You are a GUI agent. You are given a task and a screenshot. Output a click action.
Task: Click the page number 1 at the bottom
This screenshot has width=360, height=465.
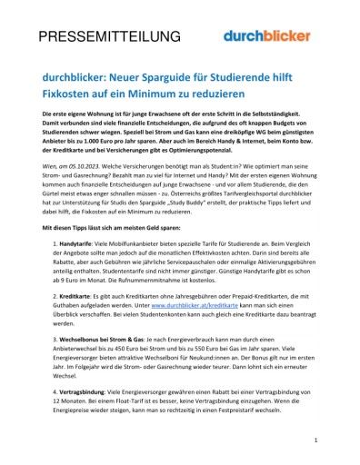[x=316, y=440]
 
